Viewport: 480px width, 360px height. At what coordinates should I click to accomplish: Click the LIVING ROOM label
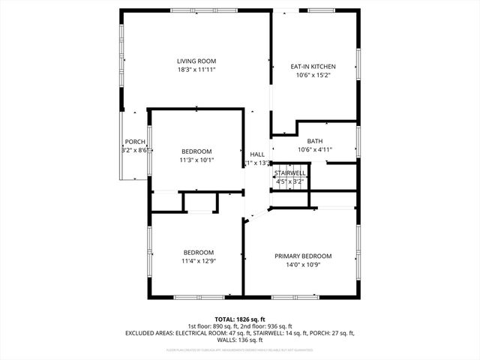196,61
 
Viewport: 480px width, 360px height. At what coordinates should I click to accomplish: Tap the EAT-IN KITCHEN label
313,66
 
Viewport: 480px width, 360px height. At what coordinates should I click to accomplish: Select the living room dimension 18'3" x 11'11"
196,70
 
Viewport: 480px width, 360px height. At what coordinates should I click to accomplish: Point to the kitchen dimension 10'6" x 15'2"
313,75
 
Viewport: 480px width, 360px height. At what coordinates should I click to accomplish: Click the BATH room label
315,141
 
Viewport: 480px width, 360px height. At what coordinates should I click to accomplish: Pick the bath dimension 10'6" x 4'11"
315,149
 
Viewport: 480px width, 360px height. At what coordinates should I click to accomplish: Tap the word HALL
257,154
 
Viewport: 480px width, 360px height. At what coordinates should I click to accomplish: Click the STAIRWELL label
289,172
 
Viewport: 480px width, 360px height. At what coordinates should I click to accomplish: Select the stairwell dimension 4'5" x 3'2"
289,181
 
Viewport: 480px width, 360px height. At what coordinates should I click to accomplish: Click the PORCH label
135,142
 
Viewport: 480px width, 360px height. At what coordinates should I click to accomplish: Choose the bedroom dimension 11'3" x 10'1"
196,160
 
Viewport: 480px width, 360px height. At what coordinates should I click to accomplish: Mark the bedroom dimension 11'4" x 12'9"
199,261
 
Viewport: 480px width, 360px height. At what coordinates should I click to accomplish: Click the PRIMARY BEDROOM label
303,256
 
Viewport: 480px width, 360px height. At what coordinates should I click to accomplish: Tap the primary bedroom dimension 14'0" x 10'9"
303,265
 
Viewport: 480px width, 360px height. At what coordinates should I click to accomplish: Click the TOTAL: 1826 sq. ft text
240,318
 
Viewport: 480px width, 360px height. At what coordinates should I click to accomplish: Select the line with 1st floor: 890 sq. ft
240,325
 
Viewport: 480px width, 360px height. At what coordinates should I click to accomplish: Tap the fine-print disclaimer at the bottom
240,349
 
